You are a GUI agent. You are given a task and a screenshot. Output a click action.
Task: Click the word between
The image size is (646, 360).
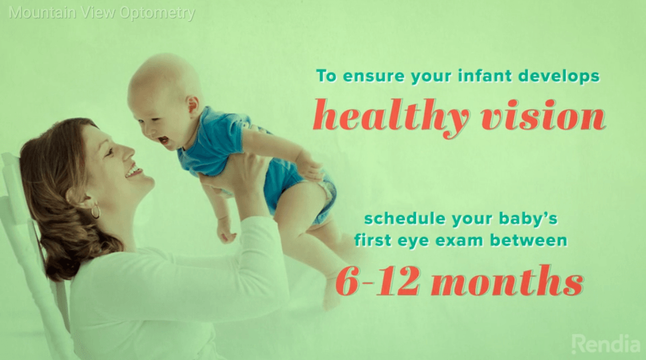[529, 240]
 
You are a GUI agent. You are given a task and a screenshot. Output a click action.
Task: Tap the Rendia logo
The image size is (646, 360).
[606, 344]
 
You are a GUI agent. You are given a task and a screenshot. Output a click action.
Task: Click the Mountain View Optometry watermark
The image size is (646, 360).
[102, 13]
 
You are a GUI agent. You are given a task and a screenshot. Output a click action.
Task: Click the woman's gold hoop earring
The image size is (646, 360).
[96, 211]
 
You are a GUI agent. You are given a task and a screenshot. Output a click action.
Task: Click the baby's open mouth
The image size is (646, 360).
[164, 140]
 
